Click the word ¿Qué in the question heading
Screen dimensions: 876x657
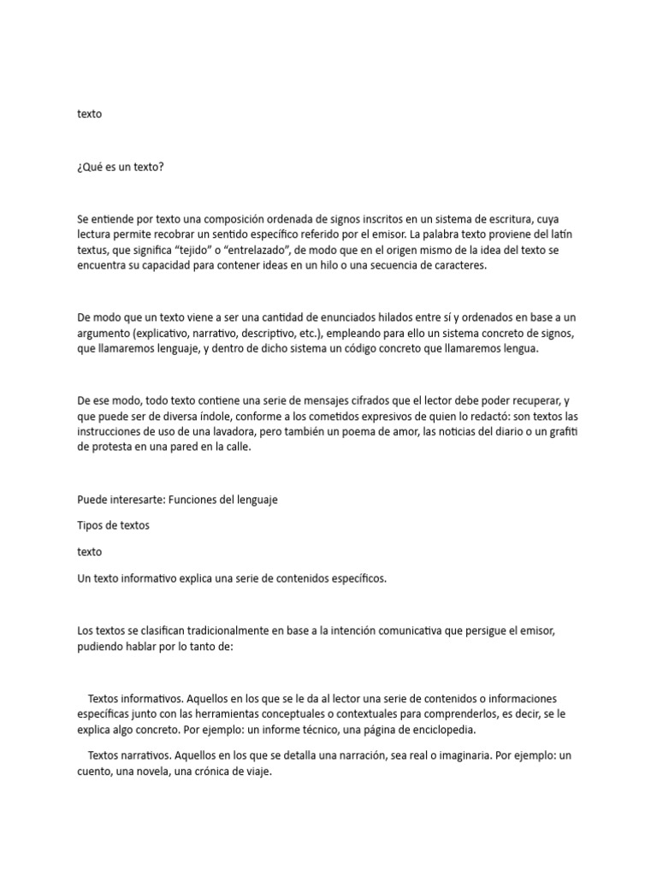(x=89, y=167)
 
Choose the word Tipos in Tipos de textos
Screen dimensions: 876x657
(x=90, y=525)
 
